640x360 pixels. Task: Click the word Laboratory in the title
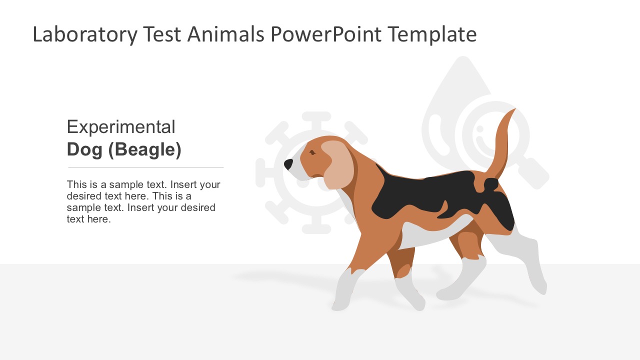(x=84, y=35)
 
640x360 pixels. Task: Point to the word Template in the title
(x=432, y=35)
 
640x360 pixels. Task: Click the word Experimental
(x=121, y=127)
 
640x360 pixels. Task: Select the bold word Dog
(x=84, y=149)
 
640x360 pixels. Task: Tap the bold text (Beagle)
(x=145, y=149)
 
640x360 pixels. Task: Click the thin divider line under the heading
(x=145, y=167)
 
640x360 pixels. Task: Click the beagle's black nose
(x=288, y=163)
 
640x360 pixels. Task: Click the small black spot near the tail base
(x=490, y=184)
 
